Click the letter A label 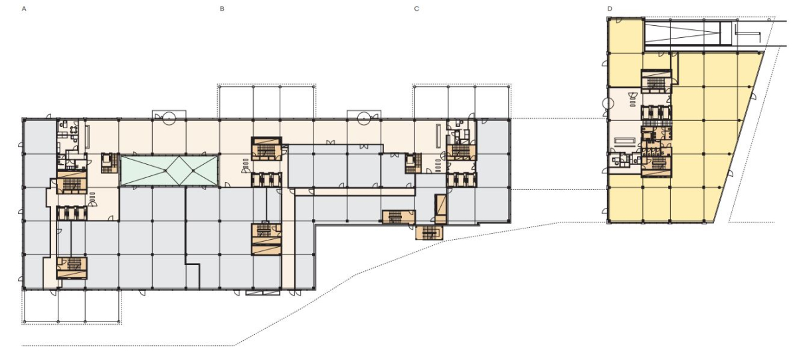[24, 9]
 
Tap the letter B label [222, 9]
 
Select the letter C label [416, 9]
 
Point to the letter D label [610, 9]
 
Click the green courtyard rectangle [169, 170]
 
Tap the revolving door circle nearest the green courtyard [169, 118]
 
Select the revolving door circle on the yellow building [608, 104]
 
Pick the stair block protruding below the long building [430, 232]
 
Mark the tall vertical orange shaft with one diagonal [440, 209]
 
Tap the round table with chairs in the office [74, 129]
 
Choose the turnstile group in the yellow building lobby [632, 103]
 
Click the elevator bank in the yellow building [656, 113]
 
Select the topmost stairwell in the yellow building [656, 81]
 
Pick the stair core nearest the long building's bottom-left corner [72, 268]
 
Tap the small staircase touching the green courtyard [110, 163]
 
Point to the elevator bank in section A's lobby [72, 213]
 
